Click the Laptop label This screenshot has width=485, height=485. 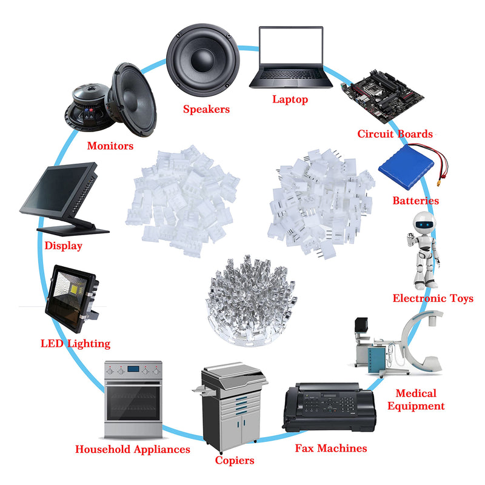coord(290,99)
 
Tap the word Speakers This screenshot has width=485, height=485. coord(206,109)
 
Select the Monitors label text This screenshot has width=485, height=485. coord(110,145)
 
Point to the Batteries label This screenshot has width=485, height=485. coord(415,201)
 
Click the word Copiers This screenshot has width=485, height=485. coord(235,460)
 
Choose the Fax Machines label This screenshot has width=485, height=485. coord(331,448)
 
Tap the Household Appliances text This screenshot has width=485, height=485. coord(133,449)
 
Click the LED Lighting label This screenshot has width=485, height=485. coord(75,344)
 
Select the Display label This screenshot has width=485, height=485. coord(64,246)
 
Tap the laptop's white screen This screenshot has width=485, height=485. coord(291,47)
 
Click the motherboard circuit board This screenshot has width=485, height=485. coord(383,96)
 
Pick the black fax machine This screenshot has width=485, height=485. coord(329,407)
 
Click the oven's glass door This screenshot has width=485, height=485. coord(133,403)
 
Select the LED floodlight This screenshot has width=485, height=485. coord(72,299)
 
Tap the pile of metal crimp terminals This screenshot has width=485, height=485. coord(251,301)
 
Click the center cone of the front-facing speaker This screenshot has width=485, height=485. coord(202,60)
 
